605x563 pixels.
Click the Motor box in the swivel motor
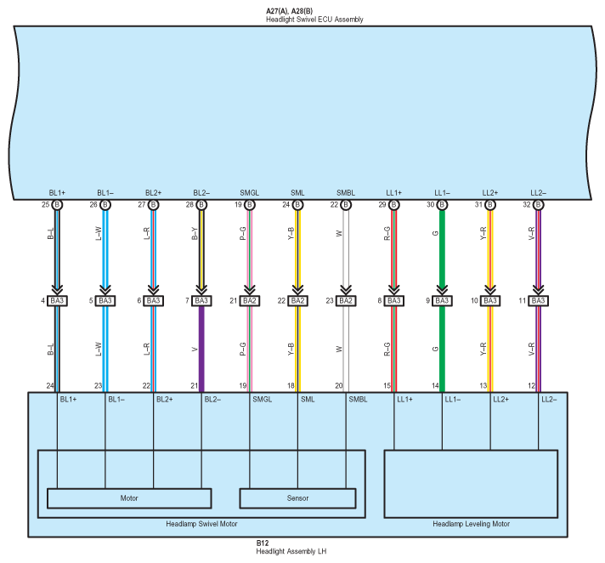pos(129,498)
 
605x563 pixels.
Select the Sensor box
pos(297,498)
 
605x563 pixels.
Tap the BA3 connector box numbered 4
pos(57,301)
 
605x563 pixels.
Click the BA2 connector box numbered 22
pos(297,301)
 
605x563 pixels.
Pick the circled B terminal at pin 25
pos(57,205)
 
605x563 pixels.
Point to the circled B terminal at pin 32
pos(538,205)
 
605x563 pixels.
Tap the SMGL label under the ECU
pos(250,194)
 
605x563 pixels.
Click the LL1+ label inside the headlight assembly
pos(407,400)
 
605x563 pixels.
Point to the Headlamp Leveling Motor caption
pos(471,524)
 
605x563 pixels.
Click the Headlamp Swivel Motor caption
pos(201,524)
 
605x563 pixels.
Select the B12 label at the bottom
pos(263,543)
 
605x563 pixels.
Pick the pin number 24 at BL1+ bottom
pos(50,385)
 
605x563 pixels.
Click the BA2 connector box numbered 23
pos(346,301)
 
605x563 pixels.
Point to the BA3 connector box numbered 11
pos(538,301)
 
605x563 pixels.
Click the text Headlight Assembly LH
pos(291,551)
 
